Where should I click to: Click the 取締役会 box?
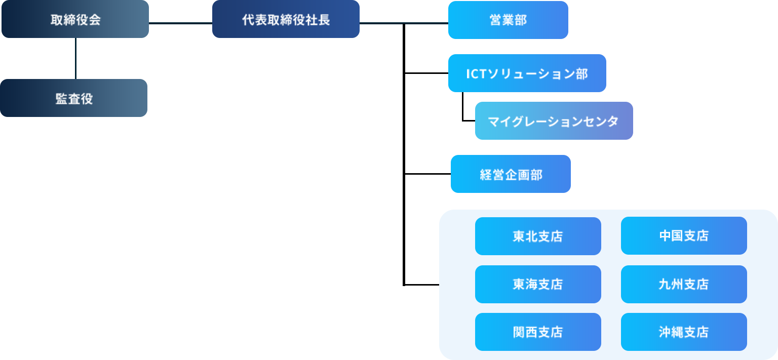click(x=75, y=19)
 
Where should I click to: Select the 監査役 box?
click(x=74, y=98)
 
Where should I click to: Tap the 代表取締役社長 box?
click(x=286, y=19)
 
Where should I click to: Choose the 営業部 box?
click(x=508, y=20)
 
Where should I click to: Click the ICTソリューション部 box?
click(x=527, y=73)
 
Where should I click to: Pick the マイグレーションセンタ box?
click(x=554, y=121)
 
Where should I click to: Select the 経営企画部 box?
click(x=511, y=174)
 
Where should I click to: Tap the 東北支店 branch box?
click(x=538, y=236)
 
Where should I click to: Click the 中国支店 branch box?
click(x=684, y=236)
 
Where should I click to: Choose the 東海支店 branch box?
click(x=538, y=284)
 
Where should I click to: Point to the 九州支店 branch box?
click(x=684, y=284)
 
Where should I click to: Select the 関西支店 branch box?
click(x=538, y=332)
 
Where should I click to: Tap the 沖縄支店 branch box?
click(x=684, y=332)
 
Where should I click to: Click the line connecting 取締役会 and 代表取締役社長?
click(x=180, y=23)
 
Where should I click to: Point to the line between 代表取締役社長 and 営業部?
click(x=404, y=23)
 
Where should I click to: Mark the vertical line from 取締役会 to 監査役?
click(x=75, y=58)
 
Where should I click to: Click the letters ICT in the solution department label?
click(x=478, y=74)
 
